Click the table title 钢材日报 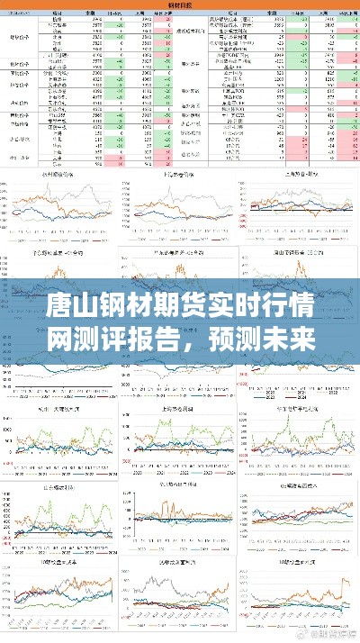(180, 5)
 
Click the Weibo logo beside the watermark (301, 634)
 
